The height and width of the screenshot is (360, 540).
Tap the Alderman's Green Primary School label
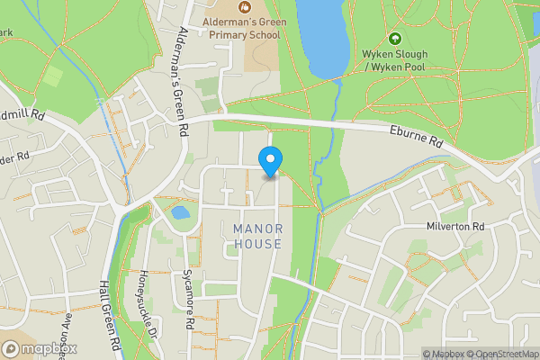245,26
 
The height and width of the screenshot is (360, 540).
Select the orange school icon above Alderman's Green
245,5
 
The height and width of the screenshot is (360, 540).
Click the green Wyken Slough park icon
394,39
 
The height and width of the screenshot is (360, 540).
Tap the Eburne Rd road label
416,137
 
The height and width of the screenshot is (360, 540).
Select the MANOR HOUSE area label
257,236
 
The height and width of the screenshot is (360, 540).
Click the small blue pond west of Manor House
180,213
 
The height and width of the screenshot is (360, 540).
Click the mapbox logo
40,348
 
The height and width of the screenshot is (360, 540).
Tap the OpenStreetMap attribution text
506,354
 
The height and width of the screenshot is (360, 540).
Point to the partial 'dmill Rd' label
22,115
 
